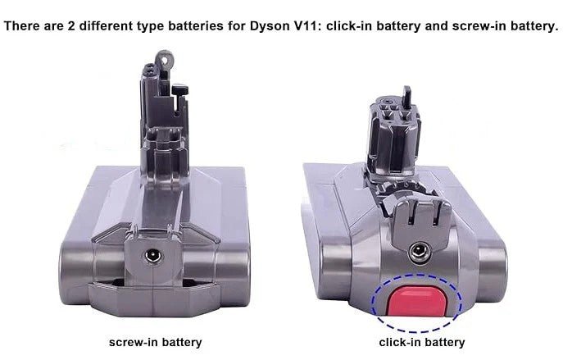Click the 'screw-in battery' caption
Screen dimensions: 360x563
tap(155, 342)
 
